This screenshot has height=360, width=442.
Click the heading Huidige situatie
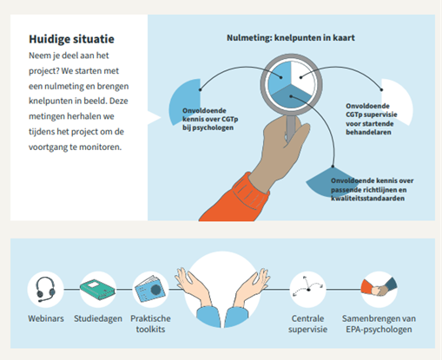71,39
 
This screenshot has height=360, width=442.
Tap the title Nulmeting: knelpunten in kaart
291,38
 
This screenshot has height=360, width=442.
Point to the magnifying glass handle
291,127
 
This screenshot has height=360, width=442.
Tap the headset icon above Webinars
45,289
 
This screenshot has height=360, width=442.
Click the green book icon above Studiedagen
98,289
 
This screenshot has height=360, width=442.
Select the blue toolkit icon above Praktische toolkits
150,289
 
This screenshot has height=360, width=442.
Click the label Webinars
46,318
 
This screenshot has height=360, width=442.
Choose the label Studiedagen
98,318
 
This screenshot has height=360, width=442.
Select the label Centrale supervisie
307,324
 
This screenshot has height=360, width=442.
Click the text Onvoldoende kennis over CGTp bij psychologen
210,119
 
